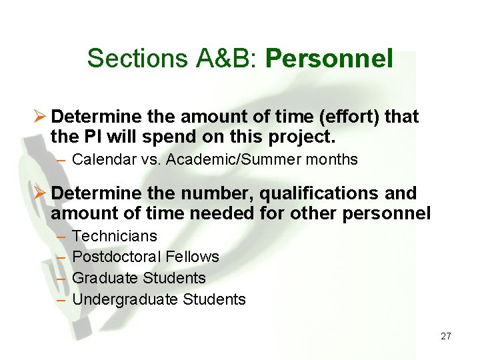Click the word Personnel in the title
(x=329, y=59)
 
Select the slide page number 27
(x=446, y=336)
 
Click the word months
(x=333, y=160)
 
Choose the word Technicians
(x=115, y=236)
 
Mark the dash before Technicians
(x=62, y=237)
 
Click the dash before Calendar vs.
(x=62, y=161)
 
